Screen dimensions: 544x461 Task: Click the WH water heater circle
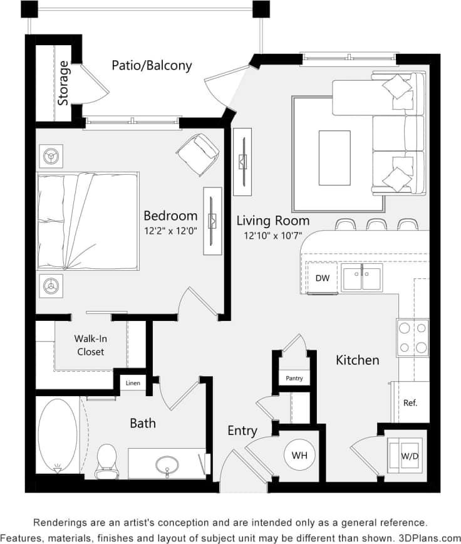coord(299,455)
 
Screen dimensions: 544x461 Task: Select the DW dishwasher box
coord(323,278)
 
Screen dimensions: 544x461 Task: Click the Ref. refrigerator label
coord(410,402)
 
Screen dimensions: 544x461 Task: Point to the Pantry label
coord(294,378)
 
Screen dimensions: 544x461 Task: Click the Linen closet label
coord(133,383)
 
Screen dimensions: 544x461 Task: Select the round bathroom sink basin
coord(167,465)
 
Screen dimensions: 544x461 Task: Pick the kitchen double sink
coord(361,278)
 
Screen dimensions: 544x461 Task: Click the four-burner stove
coord(412,338)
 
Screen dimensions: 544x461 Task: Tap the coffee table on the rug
coord(334,158)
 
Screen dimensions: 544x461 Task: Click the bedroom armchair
coord(198,154)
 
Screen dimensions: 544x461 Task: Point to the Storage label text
coord(63,83)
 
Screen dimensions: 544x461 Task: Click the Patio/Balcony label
coord(152,65)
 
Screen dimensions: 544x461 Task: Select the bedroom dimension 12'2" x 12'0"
coord(170,231)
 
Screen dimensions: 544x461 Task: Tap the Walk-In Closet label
coord(90,345)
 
